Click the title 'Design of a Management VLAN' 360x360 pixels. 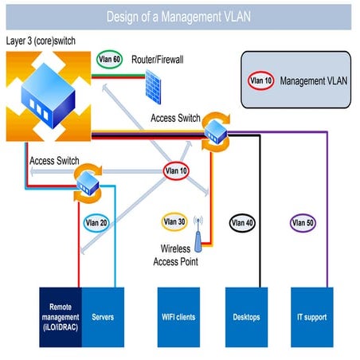point(179,16)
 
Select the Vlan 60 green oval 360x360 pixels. point(108,59)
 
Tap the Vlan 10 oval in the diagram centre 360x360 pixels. point(177,170)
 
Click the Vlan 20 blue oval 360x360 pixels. point(96,224)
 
